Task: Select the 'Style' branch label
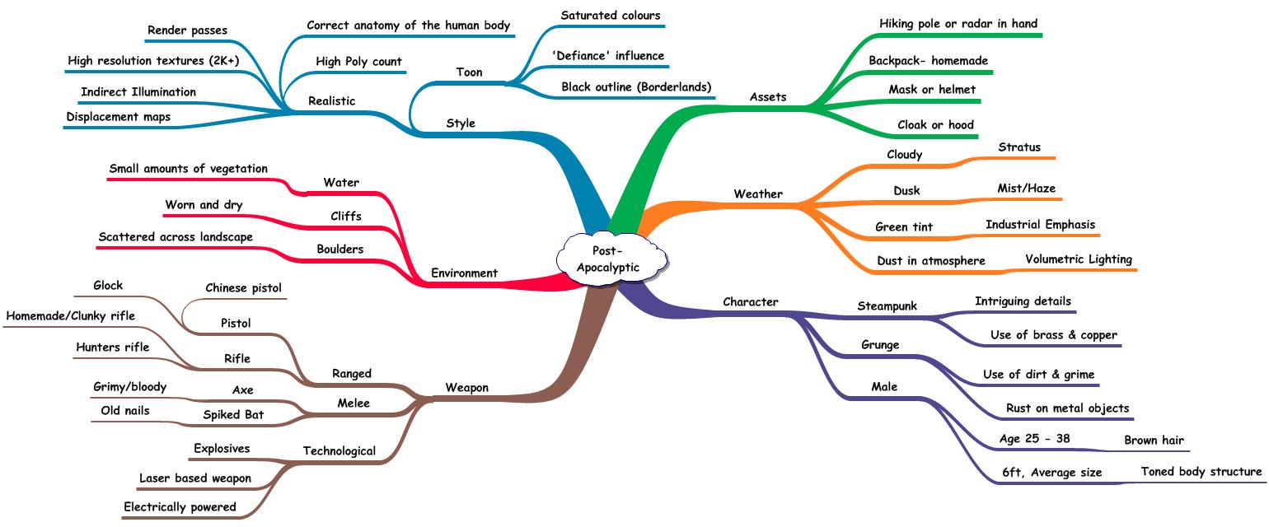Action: [461, 124]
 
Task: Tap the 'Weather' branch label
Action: [758, 194]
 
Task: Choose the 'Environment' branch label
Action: [465, 273]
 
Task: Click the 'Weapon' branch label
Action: [466, 387]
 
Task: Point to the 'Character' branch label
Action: [750, 302]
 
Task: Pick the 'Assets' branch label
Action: [768, 97]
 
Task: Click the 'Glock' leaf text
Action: [108, 286]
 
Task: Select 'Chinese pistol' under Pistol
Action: [243, 288]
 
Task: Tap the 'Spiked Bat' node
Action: [233, 414]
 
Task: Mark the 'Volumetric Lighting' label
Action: [1079, 259]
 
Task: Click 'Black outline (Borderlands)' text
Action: [636, 87]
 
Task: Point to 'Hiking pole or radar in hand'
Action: [958, 24]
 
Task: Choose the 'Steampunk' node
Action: [887, 306]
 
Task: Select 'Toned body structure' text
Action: [1201, 472]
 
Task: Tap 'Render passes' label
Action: [187, 30]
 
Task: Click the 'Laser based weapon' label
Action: [195, 478]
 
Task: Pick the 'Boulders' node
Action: [339, 249]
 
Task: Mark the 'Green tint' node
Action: [904, 227]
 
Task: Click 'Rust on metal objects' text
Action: [1067, 408]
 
